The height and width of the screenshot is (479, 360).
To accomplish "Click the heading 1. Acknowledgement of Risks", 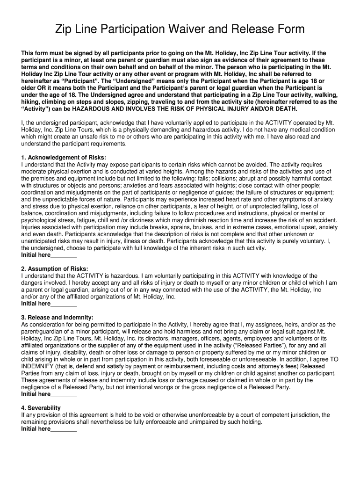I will click(x=64, y=157).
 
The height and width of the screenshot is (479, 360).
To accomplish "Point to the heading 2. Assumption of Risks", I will click(x=54, y=269).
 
